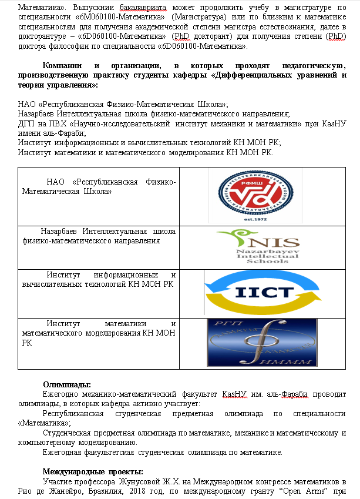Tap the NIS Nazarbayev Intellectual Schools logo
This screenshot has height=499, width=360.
(x=257, y=247)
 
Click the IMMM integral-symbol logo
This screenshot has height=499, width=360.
(x=261, y=343)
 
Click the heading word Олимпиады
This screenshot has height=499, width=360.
(x=66, y=384)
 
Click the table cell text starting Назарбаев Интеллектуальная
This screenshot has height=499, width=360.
(x=99, y=236)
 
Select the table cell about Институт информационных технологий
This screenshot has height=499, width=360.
(x=99, y=280)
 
